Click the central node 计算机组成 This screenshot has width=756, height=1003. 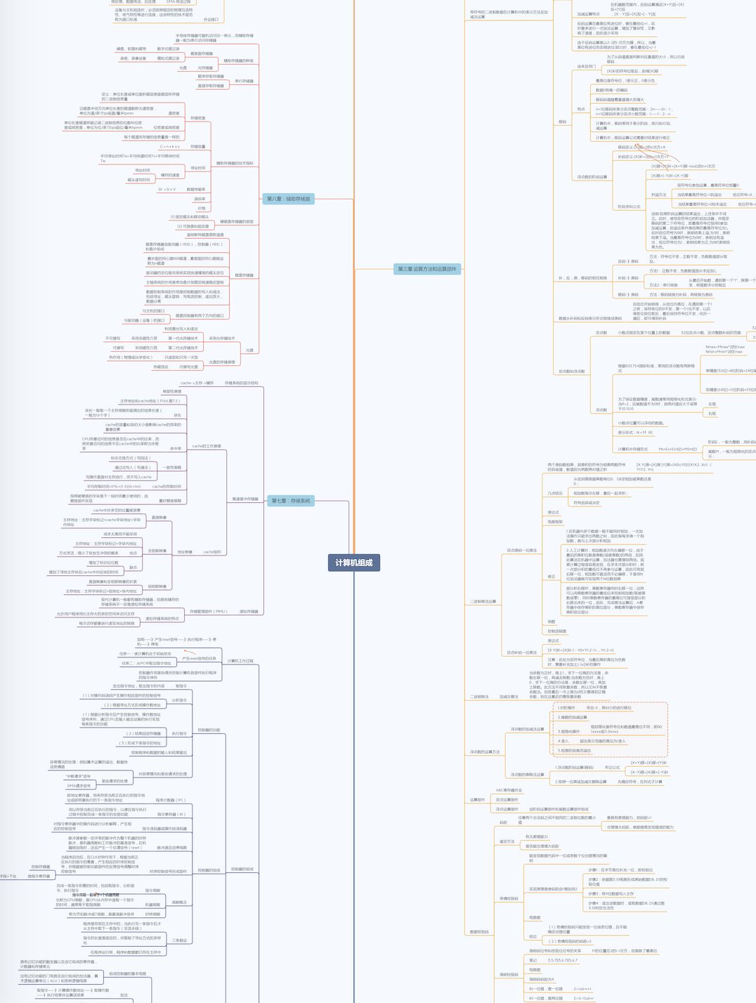tap(353, 563)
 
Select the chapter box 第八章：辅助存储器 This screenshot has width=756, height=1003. tap(288, 199)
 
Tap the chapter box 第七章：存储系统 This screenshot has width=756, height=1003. tap(290, 501)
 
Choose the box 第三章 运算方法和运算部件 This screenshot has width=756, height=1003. tap(426, 269)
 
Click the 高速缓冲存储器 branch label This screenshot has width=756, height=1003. tap(245, 499)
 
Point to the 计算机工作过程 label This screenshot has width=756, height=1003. tap(240, 661)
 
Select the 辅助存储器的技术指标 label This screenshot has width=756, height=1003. tap(235, 163)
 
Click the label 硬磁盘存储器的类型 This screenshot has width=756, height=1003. tap(237, 222)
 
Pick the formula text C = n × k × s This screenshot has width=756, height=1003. tap(169, 147)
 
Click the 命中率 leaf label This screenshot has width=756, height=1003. tap(176, 448)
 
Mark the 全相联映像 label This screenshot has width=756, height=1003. tap(157, 551)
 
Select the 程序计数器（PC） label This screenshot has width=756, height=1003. tap(171, 800)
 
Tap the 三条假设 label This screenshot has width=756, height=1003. tap(179, 940)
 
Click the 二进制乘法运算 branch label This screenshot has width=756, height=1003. tap(483, 601)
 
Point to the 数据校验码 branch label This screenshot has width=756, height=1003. tap(479, 932)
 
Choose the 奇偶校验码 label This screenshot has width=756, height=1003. tap(509, 898)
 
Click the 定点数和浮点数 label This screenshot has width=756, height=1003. tap(572, 371)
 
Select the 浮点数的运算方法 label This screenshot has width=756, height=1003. tap(485, 752)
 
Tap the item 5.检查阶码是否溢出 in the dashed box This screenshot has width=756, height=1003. tap(575, 750)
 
